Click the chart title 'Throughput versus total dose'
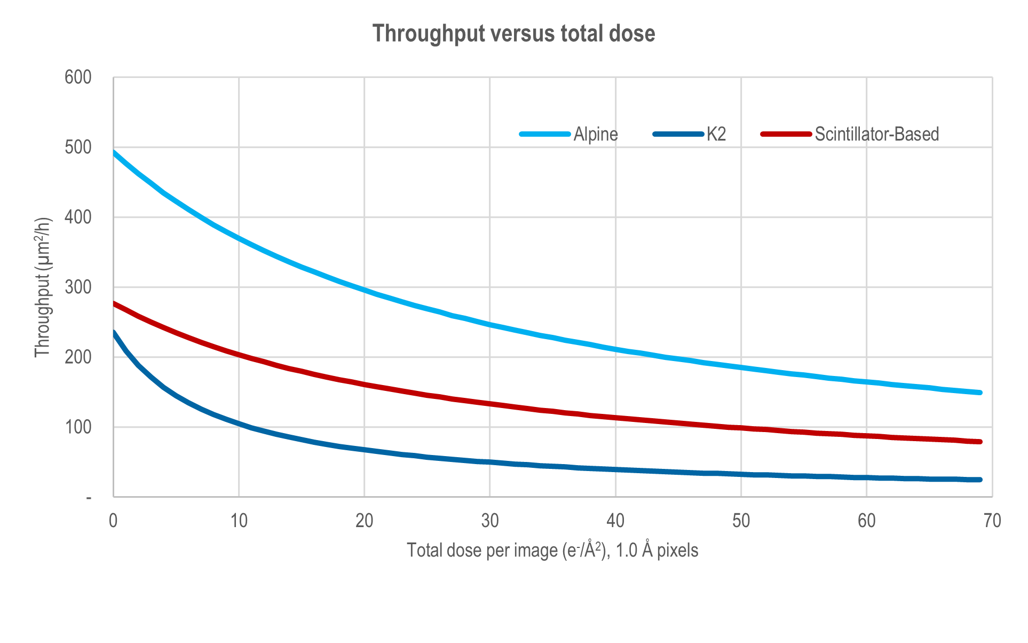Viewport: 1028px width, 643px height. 513,34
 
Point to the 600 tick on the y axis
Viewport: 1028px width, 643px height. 78,77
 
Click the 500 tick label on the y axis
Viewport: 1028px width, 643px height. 78,147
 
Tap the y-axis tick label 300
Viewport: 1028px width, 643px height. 78,287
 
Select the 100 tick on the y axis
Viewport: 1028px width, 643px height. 78,427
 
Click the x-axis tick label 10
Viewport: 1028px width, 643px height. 239,521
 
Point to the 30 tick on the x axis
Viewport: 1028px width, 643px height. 490,521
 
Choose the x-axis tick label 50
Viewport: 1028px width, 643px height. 741,521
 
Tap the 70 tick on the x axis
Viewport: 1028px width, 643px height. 992,521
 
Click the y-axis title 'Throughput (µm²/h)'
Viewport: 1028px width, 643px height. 43,287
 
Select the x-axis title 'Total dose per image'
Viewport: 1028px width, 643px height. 552,550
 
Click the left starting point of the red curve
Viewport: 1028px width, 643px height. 114,303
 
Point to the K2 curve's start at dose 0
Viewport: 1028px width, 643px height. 114,332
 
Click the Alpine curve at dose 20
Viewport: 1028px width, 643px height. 365,290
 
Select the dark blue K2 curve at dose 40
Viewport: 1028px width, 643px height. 616,469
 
